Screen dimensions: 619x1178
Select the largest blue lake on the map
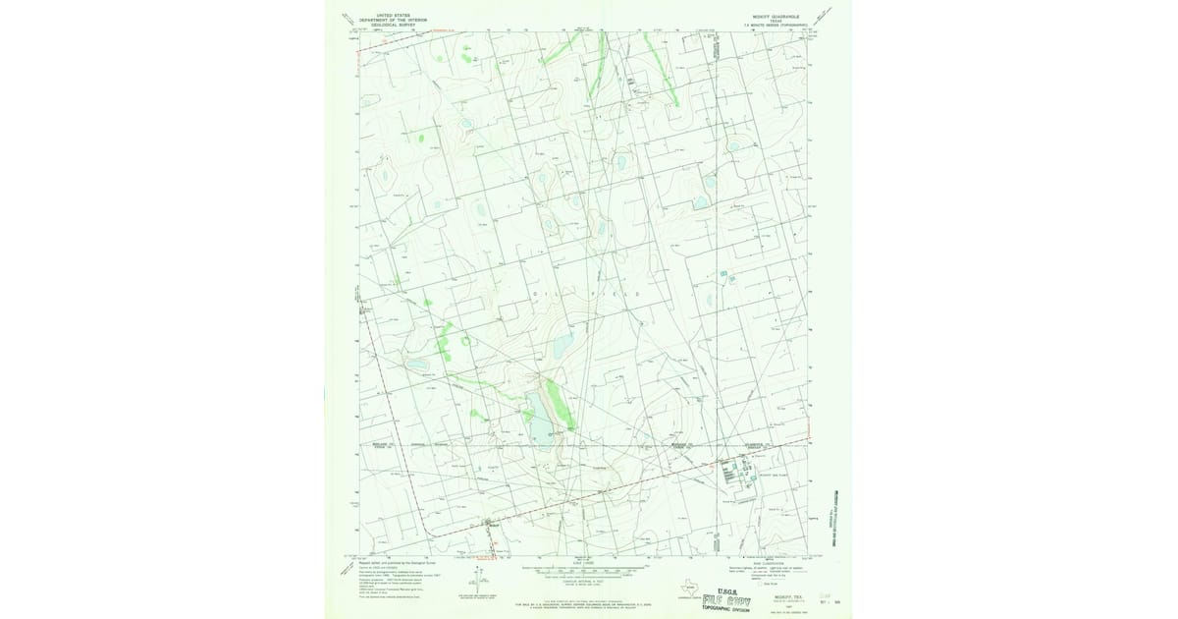pos(538,417)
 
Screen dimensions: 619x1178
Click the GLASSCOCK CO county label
pos(765,443)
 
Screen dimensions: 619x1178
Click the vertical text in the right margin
pos(837,516)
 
